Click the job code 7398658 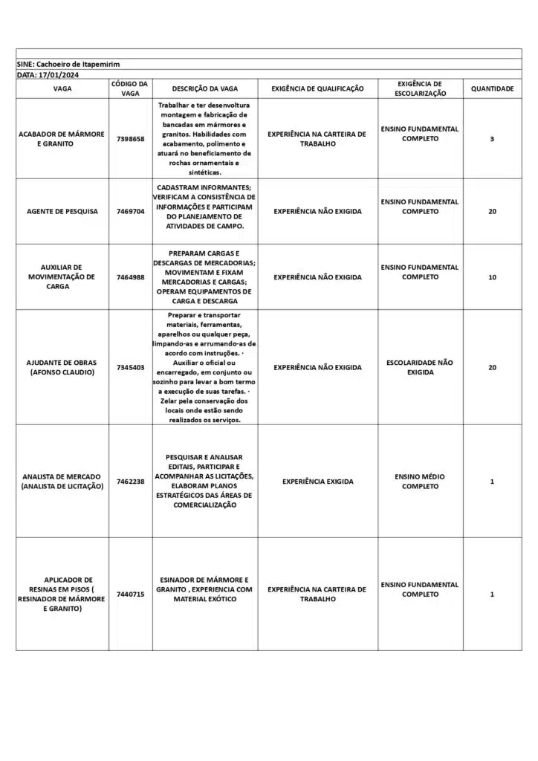coord(131,139)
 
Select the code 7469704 coord(131,211)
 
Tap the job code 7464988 coord(131,277)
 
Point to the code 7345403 coord(131,367)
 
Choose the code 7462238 coord(131,482)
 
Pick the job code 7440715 coord(131,595)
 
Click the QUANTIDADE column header coord(492,89)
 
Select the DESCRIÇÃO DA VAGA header coord(205,89)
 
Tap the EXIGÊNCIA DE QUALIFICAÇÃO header coord(317,89)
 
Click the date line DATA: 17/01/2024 coord(48,75)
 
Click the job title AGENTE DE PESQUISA coord(62,211)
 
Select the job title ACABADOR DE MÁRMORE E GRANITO coord(62,139)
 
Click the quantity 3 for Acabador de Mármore coord(492,139)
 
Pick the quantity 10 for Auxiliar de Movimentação coord(492,277)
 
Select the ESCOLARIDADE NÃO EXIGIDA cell coord(420,367)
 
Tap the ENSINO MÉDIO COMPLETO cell coord(420,482)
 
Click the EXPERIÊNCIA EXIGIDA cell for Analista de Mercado coord(317,482)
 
